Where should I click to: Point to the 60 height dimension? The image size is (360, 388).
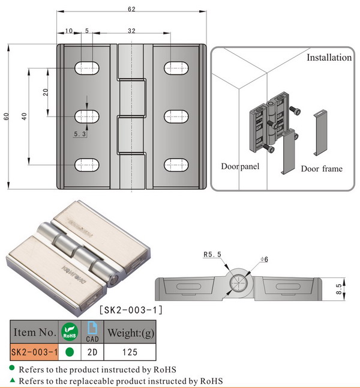pyautogui.click(x=7, y=116)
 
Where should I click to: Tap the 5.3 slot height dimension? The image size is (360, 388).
pyautogui.click(x=80, y=135)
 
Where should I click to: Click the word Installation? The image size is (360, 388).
pyautogui.click(x=329, y=58)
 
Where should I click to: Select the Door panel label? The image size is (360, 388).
pyautogui.click(x=240, y=166)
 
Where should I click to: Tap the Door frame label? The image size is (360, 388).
pyautogui.click(x=322, y=169)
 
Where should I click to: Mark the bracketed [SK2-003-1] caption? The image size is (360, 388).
pyautogui.click(x=130, y=310)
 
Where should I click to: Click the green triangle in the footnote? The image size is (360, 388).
pyautogui.click(x=12, y=380)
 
